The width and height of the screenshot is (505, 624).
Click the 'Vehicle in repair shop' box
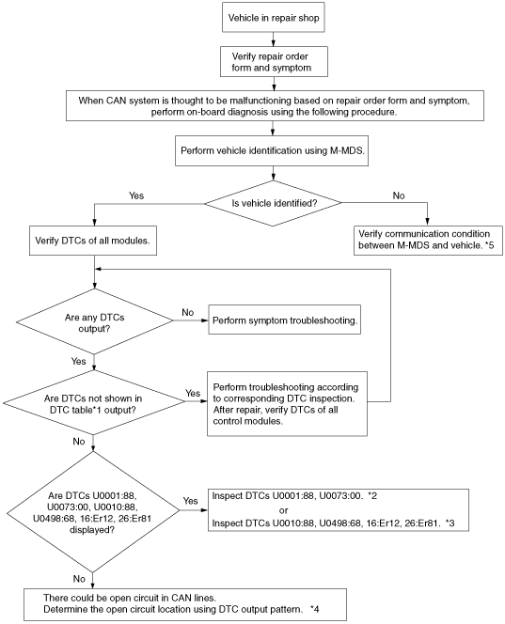274,18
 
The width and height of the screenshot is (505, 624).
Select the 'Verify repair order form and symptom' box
274,62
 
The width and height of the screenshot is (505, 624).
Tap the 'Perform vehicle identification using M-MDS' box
272,150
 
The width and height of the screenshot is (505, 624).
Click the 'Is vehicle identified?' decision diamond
274,203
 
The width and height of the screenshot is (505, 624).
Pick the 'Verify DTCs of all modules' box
93,241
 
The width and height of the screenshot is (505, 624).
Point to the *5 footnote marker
489,245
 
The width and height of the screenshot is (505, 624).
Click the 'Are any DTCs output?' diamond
94,321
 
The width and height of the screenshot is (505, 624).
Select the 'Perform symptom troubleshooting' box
284,320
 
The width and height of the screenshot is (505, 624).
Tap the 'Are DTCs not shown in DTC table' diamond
94,403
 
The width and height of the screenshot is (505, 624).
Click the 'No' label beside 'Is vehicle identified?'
399,195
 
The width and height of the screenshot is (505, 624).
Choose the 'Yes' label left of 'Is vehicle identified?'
136,195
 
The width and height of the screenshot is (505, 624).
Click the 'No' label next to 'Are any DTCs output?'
187,312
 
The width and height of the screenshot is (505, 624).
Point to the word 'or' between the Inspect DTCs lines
284,510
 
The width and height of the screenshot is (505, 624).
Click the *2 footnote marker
372,496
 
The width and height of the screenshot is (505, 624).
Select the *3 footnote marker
450,523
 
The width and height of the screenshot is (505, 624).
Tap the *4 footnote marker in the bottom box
314,609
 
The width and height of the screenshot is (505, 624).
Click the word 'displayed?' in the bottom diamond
92,530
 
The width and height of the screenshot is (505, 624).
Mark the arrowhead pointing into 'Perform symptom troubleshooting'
205,320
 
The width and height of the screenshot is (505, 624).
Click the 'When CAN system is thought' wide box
275,106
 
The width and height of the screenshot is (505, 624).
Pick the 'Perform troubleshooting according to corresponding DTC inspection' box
287,404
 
